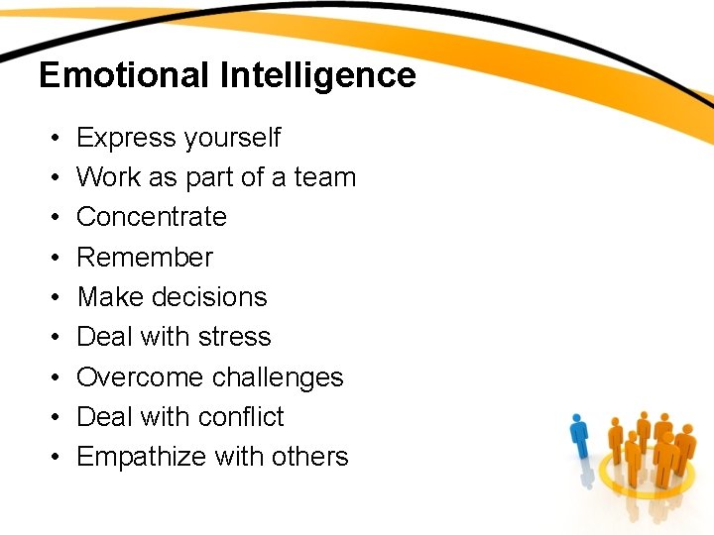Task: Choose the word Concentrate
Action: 152,217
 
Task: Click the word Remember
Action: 145,258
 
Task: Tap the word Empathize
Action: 140,457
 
